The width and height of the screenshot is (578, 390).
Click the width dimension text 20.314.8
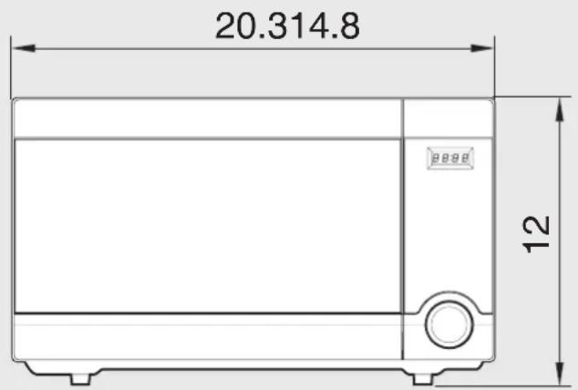pos(287,26)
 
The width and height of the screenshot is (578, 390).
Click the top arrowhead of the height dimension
pos(557,107)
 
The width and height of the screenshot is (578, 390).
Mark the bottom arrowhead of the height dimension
pos(557,376)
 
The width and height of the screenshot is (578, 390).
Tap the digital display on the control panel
pos(450,159)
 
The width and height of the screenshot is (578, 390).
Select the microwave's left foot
pos(80,376)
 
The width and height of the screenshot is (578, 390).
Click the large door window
pos(208,226)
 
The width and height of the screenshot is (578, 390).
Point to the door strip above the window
pos(208,118)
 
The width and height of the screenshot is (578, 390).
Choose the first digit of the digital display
pos(436,159)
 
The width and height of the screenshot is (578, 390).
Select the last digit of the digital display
pos(466,159)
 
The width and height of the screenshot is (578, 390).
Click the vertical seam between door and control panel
pos(404,228)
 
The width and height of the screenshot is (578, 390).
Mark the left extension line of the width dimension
pos(12,68)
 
